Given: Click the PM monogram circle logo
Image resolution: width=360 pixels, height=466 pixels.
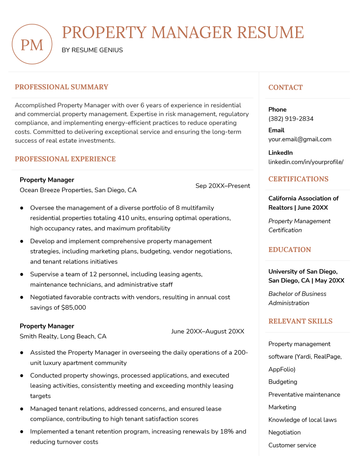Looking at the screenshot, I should pyautogui.click(x=33, y=44).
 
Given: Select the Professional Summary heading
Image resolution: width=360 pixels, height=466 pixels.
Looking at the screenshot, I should pyautogui.click(x=61, y=87).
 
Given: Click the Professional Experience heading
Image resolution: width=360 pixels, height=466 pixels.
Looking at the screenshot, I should pyautogui.click(x=65, y=159).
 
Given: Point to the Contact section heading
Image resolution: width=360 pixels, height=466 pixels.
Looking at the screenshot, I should pyautogui.click(x=286, y=87).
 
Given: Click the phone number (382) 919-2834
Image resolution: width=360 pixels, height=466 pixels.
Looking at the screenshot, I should pyautogui.click(x=290, y=119).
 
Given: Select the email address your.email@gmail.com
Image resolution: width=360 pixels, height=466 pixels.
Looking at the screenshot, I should pyautogui.click(x=299, y=140).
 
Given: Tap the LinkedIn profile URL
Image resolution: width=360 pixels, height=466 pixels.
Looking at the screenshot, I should pyautogui.click(x=305, y=161).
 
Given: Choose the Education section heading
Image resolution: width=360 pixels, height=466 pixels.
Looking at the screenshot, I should pyautogui.click(x=290, y=250).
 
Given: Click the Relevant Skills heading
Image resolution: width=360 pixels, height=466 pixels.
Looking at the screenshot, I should pyautogui.click(x=300, y=321).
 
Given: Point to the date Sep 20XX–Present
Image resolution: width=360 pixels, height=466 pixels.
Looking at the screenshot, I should pyautogui.click(x=222, y=186).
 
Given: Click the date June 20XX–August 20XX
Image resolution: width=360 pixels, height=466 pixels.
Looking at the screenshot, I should pyautogui.click(x=207, y=331).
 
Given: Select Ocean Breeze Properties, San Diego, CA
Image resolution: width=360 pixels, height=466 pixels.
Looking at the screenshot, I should pyautogui.click(x=78, y=190).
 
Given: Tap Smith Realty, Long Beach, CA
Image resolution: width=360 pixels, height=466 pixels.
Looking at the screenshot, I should pyautogui.click(x=63, y=337).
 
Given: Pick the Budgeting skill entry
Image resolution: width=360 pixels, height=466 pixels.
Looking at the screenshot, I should pyautogui.click(x=283, y=381).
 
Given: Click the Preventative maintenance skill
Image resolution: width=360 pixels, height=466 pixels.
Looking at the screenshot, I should pyautogui.click(x=304, y=394).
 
